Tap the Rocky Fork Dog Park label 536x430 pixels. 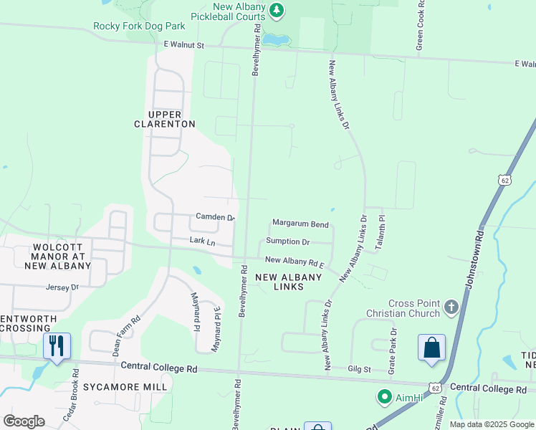coord(139,27)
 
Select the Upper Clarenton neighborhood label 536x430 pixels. coord(165,119)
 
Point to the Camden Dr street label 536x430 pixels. coord(215,216)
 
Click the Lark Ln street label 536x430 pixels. coord(202,242)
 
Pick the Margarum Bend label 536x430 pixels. coord(300,224)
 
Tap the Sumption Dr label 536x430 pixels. coord(288,242)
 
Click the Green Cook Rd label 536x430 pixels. coord(421,29)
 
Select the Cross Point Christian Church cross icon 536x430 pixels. coord(451,307)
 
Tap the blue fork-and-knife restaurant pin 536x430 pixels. coord(56,345)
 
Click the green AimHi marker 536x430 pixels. coord(384,396)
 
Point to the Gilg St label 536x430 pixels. coord(359,369)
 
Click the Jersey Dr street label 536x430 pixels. coord(62,287)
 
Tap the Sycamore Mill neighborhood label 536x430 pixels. coord(125,387)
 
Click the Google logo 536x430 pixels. coord(24,421)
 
